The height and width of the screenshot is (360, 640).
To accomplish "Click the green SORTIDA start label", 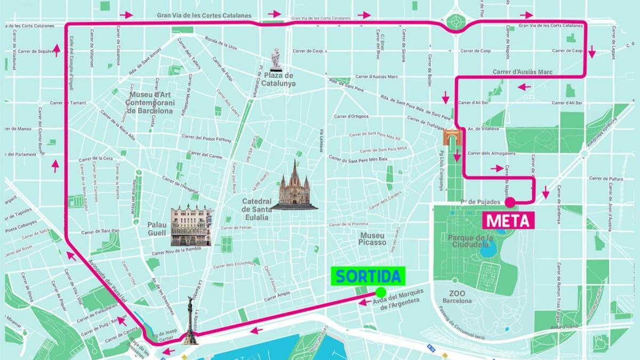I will [367, 276].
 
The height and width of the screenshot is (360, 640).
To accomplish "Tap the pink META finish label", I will [509, 220].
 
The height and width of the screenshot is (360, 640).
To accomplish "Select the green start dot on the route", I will [380, 292].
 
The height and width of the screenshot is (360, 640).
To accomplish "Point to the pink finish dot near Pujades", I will [510, 202].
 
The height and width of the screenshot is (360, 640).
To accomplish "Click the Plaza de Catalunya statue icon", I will [275, 59].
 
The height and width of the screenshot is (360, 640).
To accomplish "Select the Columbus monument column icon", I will [189, 320].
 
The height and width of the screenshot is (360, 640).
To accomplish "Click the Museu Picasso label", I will [373, 238].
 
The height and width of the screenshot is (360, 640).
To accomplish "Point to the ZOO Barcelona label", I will [457, 297].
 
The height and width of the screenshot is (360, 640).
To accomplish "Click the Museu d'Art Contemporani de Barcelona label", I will [150, 103].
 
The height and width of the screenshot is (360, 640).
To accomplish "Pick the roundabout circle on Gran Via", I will [457, 22].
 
